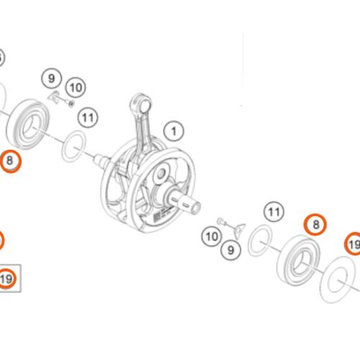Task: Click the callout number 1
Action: (172, 132)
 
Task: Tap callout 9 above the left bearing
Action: (51, 78)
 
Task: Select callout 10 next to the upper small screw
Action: (76, 87)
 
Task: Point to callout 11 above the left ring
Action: (88, 117)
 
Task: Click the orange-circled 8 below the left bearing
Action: (10, 162)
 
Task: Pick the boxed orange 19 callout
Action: (7, 278)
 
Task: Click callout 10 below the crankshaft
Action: (211, 235)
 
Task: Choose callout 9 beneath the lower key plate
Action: (231, 251)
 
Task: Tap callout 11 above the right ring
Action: (273, 212)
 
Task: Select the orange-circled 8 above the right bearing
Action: (315, 225)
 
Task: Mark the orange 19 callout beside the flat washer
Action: (353, 246)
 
